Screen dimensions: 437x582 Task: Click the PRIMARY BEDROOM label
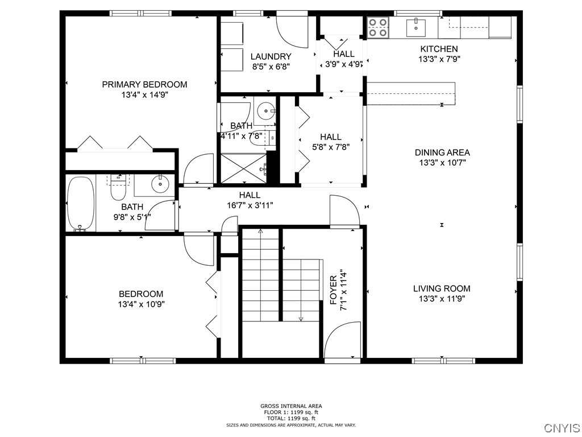[x=144, y=85]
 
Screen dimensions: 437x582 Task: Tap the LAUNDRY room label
[x=271, y=56]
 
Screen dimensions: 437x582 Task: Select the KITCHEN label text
[x=438, y=49]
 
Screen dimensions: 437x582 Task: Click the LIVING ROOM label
[x=442, y=288]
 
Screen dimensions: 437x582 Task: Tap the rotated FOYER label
[x=334, y=290]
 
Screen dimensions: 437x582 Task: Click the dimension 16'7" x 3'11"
[x=250, y=205]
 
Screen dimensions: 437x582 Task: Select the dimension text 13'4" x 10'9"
[x=141, y=304]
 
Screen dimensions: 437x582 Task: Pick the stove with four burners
[x=378, y=27]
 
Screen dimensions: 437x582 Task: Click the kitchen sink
[x=418, y=26]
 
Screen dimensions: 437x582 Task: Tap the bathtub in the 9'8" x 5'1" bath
[x=80, y=204]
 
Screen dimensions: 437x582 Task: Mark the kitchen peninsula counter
[x=410, y=93]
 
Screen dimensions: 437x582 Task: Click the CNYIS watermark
[x=562, y=427]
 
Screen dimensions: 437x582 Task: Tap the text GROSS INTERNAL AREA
[x=291, y=406]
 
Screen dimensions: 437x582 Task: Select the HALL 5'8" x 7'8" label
[x=330, y=141]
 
